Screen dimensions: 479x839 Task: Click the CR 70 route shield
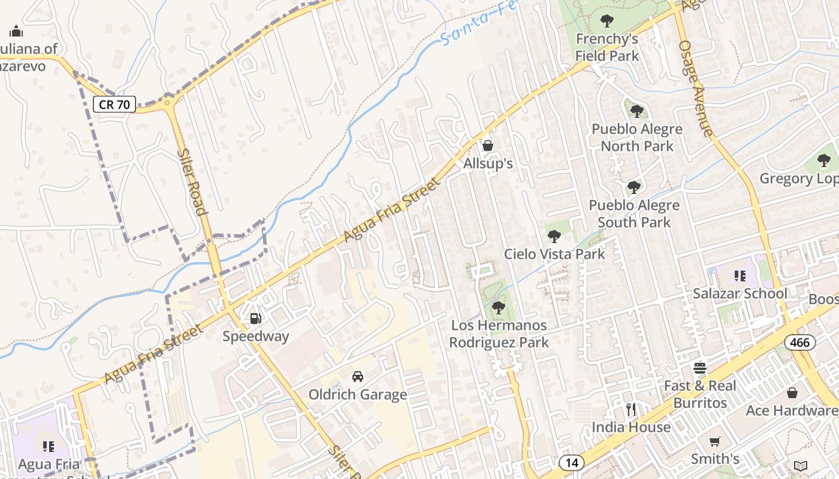pyautogui.click(x=114, y=104)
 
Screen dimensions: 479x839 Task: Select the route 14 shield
pyautogui.click(x=572, y=462)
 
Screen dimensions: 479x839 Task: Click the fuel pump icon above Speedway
pyautogui.click(x=256, y=319)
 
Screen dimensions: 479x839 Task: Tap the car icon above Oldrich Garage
pyautogui.click(x=358, y=377)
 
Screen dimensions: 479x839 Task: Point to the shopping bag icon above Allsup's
pyautogui.click(x=488, y=145)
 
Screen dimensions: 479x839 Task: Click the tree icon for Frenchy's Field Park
pyautogui.click(x=607, y=22)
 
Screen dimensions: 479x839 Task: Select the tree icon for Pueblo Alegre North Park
pyautogui.click(x=637, y=111)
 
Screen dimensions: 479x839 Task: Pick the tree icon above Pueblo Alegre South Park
pyautogui.click(x=634, y=188)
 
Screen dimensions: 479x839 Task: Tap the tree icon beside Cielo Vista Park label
pyautogui.click(x=554, y=236)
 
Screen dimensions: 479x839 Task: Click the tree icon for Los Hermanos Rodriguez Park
pyautogui.click(x=498, y=308)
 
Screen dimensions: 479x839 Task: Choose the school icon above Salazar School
pyautogui.click(x=740, y=276)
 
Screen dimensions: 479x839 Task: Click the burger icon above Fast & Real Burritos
pyautogui.click(x=700, y=368)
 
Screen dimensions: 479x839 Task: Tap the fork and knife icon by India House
pyautogui.click(x=630, y=410)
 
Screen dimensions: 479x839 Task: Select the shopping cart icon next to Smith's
pyautogui.click(x=714, y=442)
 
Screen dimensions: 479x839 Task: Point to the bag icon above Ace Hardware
pyautogui.click(x=792, y=393)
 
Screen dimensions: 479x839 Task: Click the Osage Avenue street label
pyautogui.click(x=696, y=88)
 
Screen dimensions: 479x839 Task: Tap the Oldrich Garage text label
pyautogui.click(x=358, y=395)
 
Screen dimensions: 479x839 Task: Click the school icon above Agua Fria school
pyautogui.click(x=49, y=446)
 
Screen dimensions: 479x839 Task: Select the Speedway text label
pyautogui.click(x=256, y=336)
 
